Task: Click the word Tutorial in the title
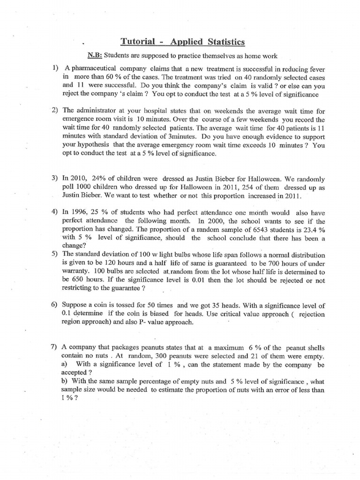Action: pos(138,42)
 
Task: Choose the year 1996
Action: pos(82,212)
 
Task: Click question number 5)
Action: pos(55,254)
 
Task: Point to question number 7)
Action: pos(54,347)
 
